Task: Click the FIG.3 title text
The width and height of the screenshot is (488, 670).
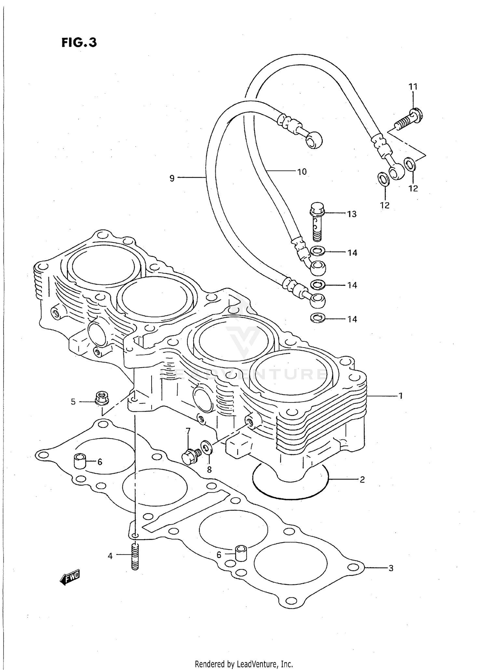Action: pos(79,42)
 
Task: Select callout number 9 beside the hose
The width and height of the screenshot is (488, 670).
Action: pos(172,178)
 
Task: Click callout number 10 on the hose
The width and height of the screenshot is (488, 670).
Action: pos(302,171)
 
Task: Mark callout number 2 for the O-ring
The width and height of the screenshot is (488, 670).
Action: pos(362,479)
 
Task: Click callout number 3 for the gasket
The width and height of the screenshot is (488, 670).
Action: pos(391,568)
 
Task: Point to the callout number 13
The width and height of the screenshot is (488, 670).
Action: pos(352,214)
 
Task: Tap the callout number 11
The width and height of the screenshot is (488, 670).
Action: pos(413,87)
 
